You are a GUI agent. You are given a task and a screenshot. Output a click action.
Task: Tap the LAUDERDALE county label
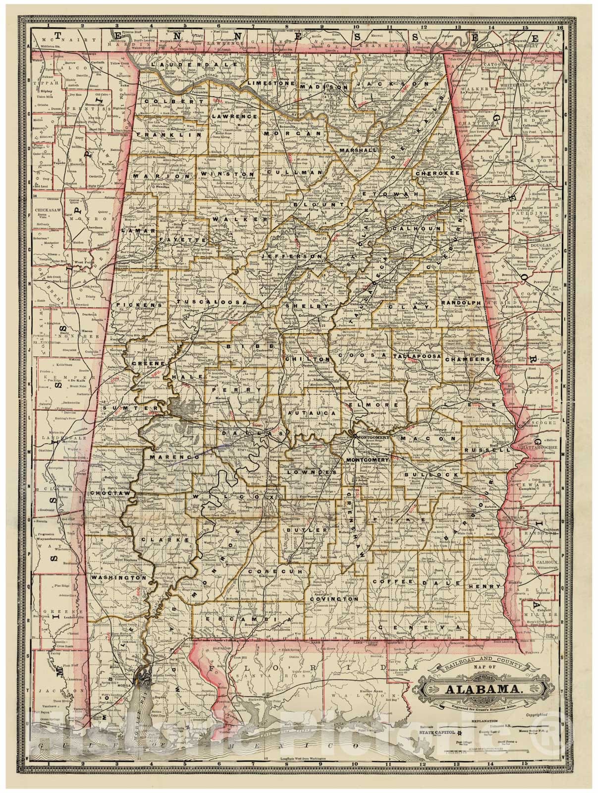179,64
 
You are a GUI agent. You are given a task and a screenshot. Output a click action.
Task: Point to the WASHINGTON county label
118,578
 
